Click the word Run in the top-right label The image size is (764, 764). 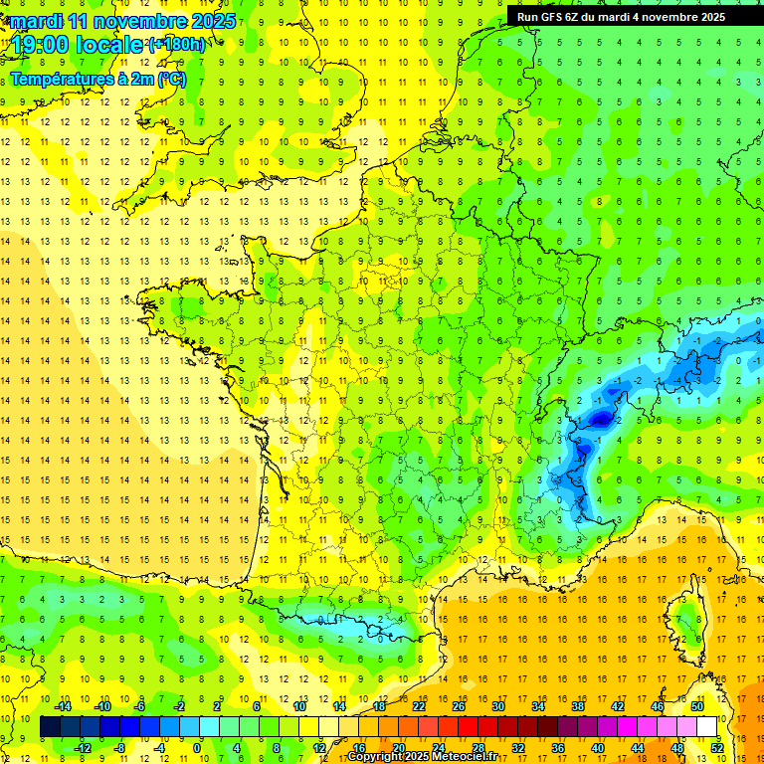pos(527,17)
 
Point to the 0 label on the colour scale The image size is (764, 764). pos(196,748)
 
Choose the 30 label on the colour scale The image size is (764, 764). pos(498,706)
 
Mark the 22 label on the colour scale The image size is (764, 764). pos(419,706)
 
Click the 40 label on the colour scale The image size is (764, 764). pos(597,748)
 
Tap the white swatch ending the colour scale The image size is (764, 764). pos(707,727)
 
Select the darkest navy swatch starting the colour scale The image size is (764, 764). pos(51,727)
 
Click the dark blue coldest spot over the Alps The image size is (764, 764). pos(600,420)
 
